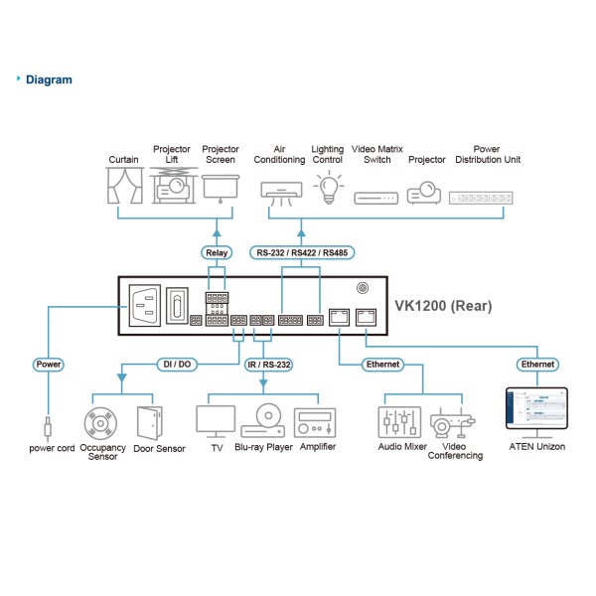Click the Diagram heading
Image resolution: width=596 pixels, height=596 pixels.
(x=48, y=79)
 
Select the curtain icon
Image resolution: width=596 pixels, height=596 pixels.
(x=124, y=186)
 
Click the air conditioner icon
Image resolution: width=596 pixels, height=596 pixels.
(x=280, y=189)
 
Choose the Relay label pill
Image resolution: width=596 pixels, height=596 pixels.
(x=217, y=252)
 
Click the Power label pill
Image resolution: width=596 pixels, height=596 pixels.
(x=49, y=365)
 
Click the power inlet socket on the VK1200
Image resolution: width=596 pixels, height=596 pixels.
(x=141, y=305)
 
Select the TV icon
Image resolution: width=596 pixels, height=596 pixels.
(x=216, y=419)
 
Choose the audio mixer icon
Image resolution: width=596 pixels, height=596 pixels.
(x=400, y=422)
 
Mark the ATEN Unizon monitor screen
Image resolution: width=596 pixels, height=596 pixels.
(x=537, y=410)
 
